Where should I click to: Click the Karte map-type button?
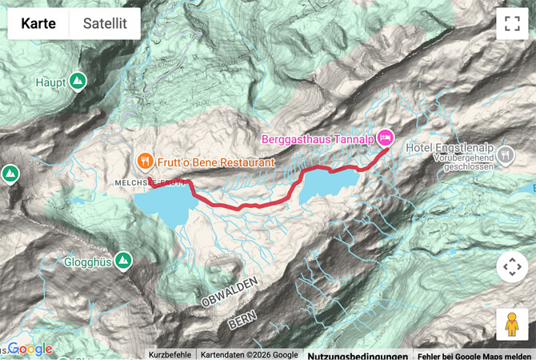38,23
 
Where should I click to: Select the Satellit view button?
105,23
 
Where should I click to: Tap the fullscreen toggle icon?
512,23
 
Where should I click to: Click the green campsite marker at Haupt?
78,81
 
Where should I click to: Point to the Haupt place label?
50,82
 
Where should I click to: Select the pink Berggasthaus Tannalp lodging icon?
385,138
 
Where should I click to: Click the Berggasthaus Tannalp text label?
318,138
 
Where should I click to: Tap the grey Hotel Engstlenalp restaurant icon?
505,154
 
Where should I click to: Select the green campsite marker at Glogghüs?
123,260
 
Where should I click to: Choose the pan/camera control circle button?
512,266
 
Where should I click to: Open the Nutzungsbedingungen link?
355,355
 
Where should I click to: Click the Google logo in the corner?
30,349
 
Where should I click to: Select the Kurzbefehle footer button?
170,355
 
